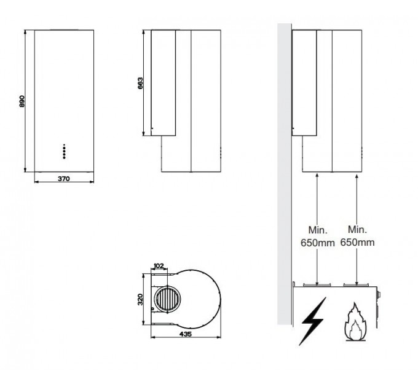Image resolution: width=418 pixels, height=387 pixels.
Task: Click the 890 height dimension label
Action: (21, 101)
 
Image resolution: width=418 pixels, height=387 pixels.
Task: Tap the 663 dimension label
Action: (140, 83)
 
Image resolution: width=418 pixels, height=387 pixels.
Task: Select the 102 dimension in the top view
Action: (159, 266)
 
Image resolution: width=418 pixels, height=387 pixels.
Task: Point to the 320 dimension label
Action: (140, 300)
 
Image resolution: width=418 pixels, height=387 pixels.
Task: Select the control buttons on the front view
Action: (63, 152)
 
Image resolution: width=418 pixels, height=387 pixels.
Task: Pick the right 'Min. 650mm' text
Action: (357, 236)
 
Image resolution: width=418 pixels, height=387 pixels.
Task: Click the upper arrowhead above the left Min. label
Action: (315, 176)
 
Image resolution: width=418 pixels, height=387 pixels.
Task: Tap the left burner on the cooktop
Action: (316, 284)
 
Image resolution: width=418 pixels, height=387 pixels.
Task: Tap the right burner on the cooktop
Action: (357, 284)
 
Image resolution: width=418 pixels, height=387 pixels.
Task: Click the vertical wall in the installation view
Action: (283, 172)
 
